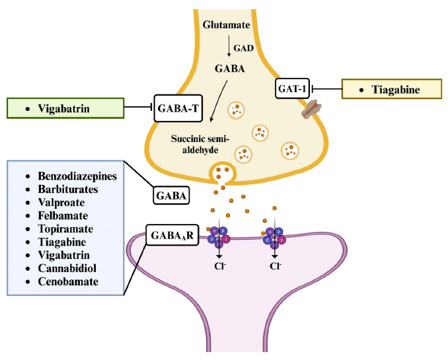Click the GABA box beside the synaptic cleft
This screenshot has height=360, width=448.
coord(170,196)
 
